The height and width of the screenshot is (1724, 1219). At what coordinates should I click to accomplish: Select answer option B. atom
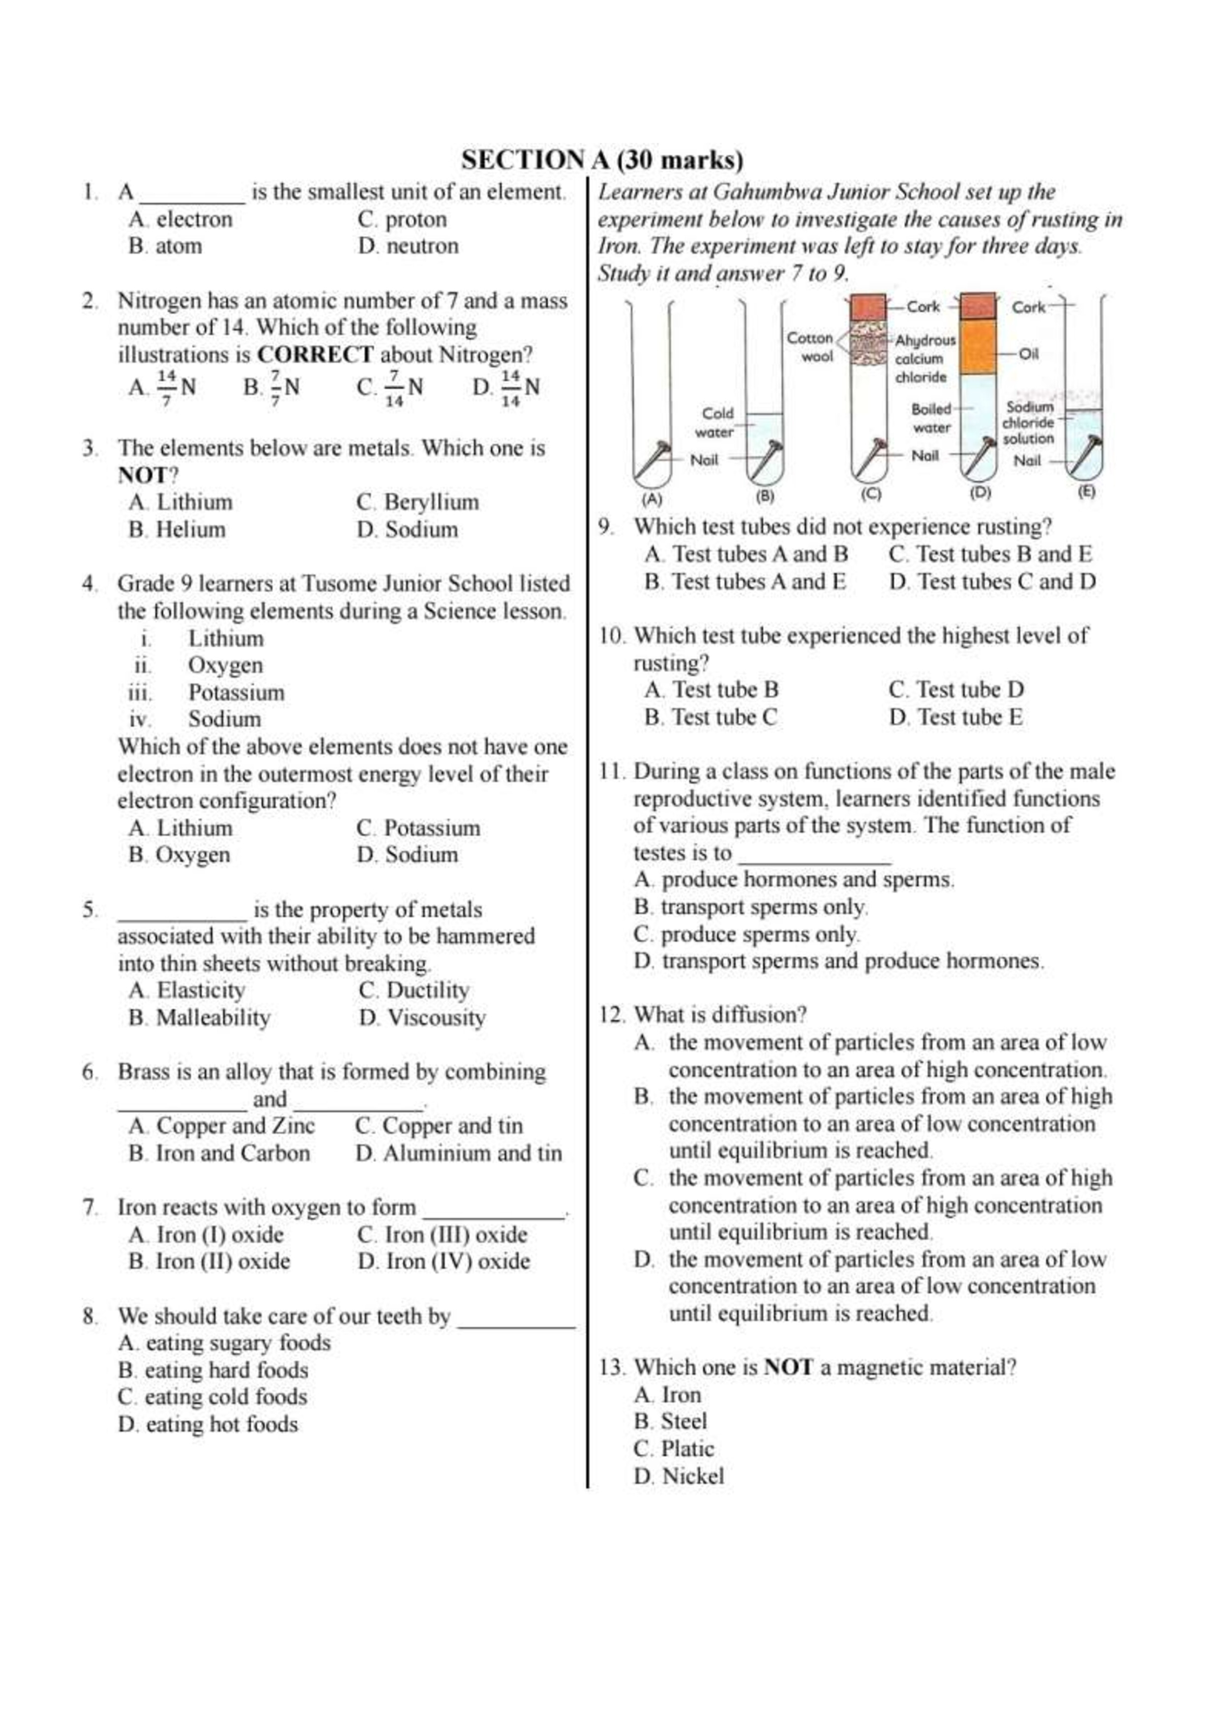(165, 246)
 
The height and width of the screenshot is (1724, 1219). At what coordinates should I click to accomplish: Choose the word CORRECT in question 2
(315, 354)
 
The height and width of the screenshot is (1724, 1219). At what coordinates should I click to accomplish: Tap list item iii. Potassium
(235, 692)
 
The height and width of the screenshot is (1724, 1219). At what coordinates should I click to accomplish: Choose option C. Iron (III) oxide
(443, 1235)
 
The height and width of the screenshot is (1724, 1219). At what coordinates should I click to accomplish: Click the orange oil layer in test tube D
(979, 347)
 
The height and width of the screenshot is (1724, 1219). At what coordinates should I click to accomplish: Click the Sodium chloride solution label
(1029, 423)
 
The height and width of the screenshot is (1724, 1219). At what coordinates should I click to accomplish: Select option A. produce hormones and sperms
(794, 879)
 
